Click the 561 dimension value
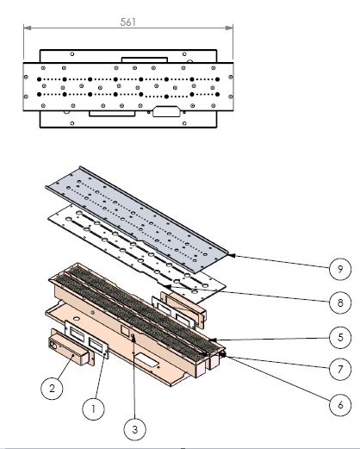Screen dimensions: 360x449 [128, 22]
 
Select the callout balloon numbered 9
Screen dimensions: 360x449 [340, 269]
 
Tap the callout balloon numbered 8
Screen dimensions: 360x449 [340, 302]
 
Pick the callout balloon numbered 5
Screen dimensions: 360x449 [340, 337]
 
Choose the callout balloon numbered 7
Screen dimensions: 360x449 [340, 369]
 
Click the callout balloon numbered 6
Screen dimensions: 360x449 [340, 405]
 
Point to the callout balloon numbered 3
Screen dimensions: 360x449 [135, 429]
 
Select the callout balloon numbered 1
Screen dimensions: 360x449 [93, 408]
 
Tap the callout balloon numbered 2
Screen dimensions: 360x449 [52, 389]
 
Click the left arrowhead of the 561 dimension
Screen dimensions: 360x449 [27, 28]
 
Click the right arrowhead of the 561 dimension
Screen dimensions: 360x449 [229, 28]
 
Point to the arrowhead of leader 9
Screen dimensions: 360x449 [232, 255]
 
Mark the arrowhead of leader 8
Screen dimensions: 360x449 [168, 286]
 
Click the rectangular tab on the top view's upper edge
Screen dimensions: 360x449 [145, 59]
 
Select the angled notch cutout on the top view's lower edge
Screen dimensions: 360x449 [166, 111]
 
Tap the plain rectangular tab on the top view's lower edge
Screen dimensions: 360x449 [112, 114]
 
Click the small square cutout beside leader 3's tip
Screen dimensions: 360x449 [125, 329]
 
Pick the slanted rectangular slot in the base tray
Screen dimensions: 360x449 [146, 360]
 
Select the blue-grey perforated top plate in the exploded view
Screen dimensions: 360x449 [137, 220]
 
